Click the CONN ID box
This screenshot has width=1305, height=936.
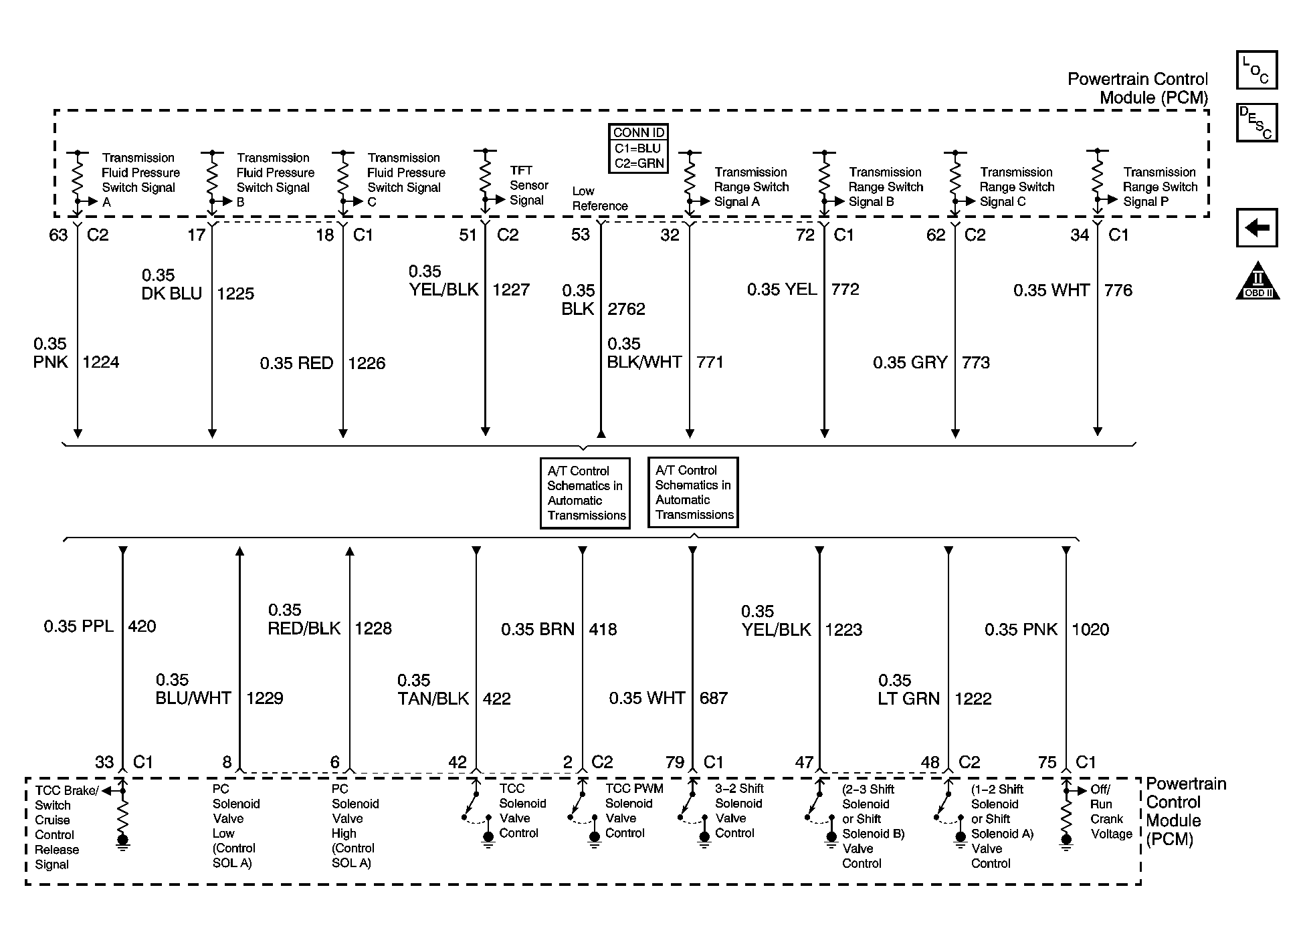[x=638, y=148]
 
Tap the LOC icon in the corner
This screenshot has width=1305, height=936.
[x=1256, y=70]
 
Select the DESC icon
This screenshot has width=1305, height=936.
[x=1256, y=122]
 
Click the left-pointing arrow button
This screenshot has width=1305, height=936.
[x=1256, y=228]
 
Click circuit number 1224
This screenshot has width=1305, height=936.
[x=101, y=362]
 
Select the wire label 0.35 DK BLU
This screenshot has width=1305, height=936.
[x=171, y=285]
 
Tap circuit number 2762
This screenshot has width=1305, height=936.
[x=626, y=309]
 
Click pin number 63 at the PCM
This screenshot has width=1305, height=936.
[x=59, y=235]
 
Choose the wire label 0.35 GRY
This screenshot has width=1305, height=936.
[x=910, y=363]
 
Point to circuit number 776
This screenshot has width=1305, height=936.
[x=1118, y=290]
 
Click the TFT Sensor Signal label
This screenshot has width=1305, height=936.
[x=528, y=185]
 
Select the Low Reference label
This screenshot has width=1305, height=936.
[x=599, y=199]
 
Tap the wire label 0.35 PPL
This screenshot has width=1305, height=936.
[x=80, y=626]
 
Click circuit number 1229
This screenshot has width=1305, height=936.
[x=265, y=699]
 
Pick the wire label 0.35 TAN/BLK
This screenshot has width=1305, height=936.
[x=433, y=690]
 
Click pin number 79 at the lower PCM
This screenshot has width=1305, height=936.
[x=675, y=763]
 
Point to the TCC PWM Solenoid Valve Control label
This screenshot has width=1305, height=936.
[x=633, y=810]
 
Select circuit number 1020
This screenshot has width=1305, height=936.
[x=1090, y=630]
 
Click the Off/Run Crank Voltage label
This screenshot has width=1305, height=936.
[x=1111, y=812]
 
